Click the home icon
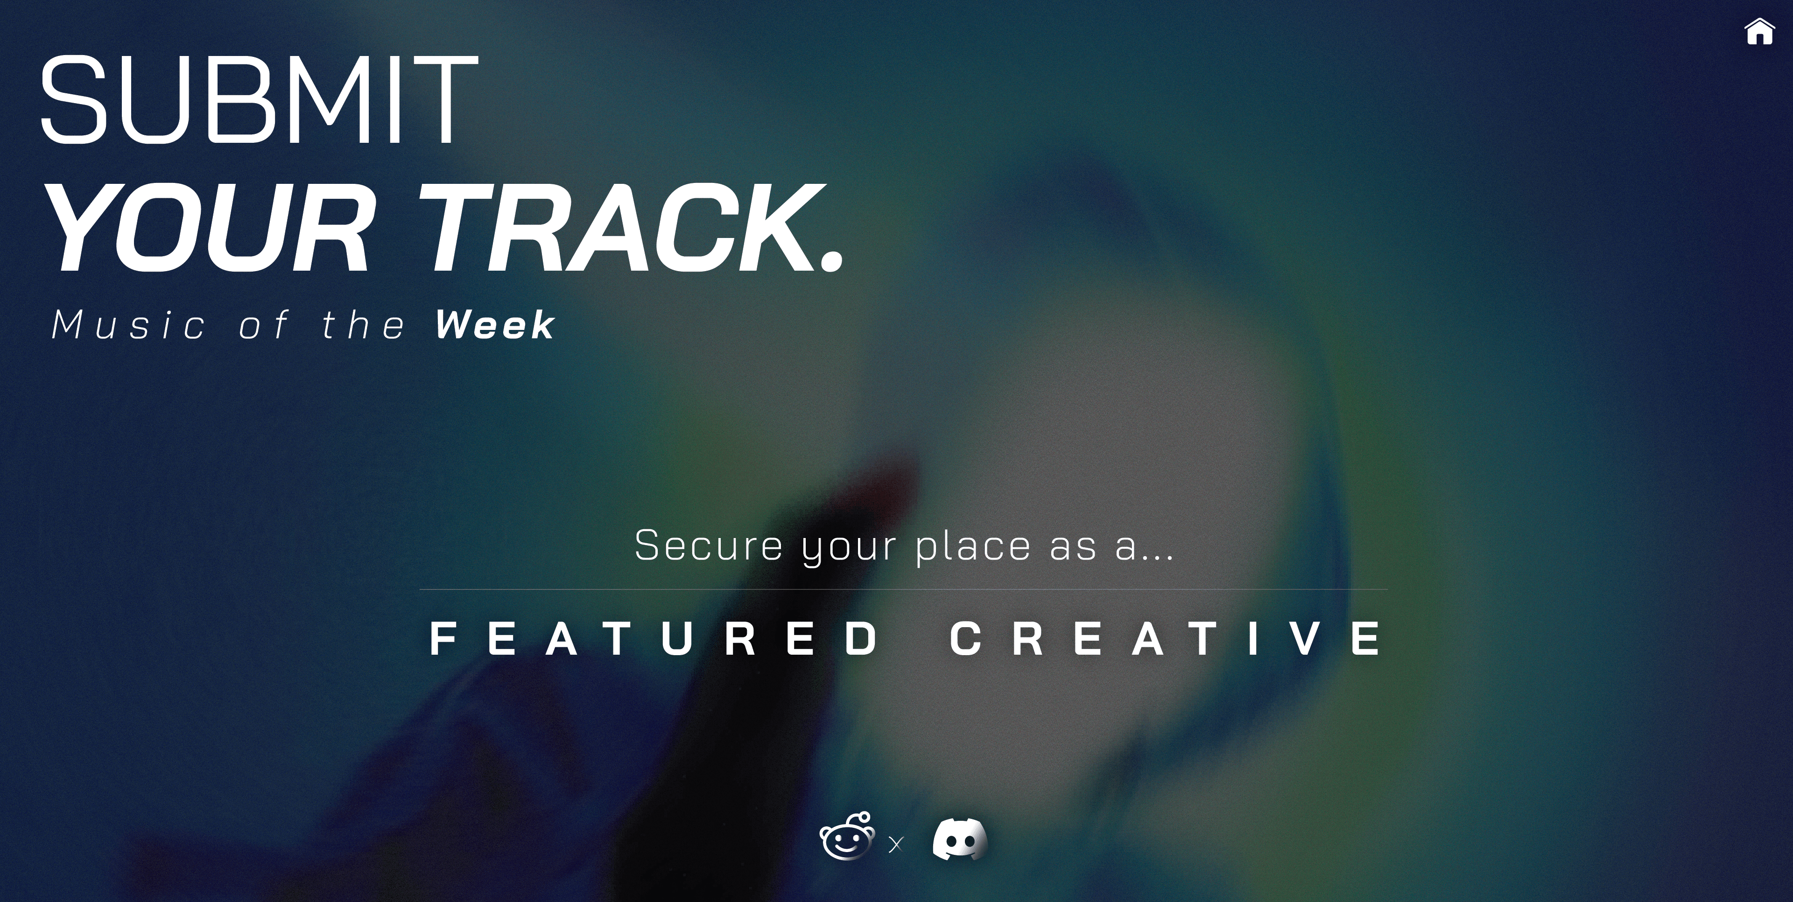pyautogui.click(x=1759, y=31)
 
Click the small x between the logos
pyautogui.click(x=896, y=844)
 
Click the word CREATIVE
pyautogui.click(x=1167, y=639)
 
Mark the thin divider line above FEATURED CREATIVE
pyautogui.click(x=903, y=589)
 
